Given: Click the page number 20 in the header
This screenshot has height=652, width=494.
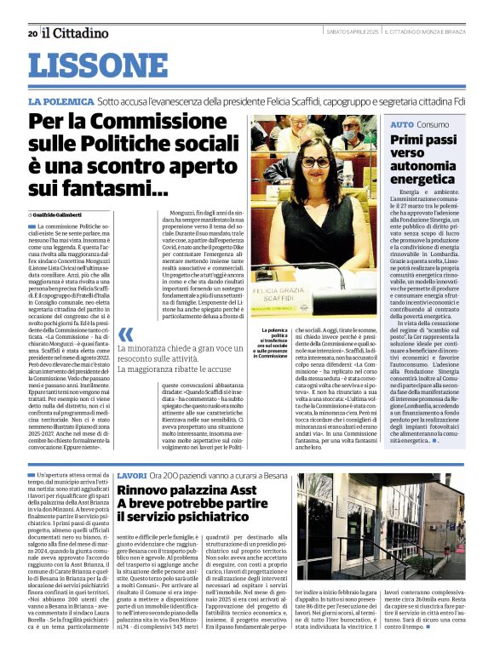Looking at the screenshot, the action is pyautogui.click(x=32, y=33).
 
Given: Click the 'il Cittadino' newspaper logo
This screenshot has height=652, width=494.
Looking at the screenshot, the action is pyautogui.click(x=76, y=32).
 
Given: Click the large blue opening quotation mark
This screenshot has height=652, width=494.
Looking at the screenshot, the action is pyautogui.click(x=126, y=335).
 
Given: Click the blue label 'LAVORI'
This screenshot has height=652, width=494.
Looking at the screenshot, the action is pyautogui.click(x=133, y=474).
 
